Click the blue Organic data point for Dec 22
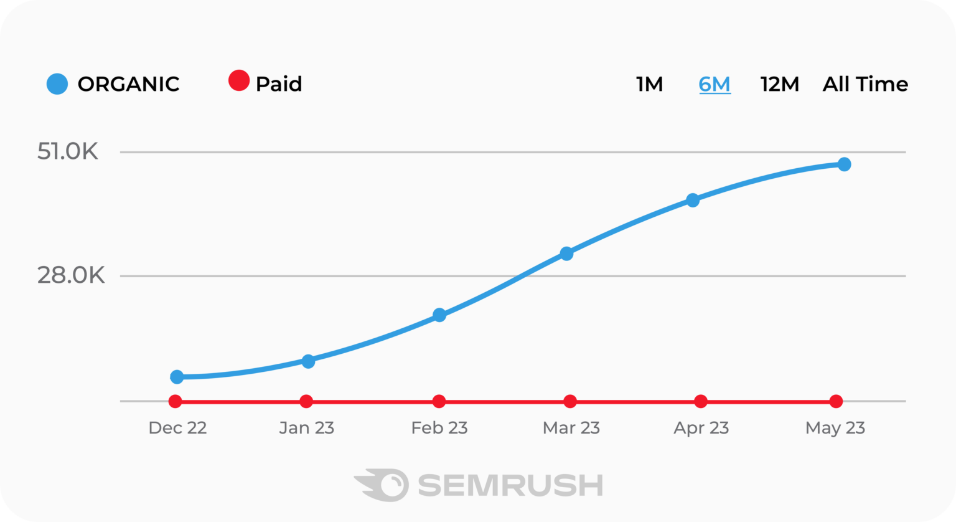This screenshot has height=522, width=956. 177,377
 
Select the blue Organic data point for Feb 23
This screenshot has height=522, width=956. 439,315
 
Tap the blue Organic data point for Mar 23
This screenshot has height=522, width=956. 566,254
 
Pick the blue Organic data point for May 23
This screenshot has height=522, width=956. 844,164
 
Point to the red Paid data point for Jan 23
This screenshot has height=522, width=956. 306,401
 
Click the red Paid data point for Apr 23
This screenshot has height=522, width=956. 701,401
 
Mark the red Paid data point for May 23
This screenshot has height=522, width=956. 836,401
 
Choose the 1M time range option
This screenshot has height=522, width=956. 649,84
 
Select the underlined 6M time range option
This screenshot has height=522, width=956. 715,84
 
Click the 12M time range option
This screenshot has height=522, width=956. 779,84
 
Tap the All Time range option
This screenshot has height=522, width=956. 865,84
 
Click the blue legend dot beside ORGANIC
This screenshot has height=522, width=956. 57,84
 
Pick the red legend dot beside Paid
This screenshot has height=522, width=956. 238,81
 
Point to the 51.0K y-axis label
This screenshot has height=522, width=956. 68,152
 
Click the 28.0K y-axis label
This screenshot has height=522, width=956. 71,275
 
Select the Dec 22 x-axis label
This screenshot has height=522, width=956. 177,429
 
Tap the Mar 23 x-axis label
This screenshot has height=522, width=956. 571,429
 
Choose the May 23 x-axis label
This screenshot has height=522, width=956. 835,429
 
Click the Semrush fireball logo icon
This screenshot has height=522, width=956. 382,485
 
